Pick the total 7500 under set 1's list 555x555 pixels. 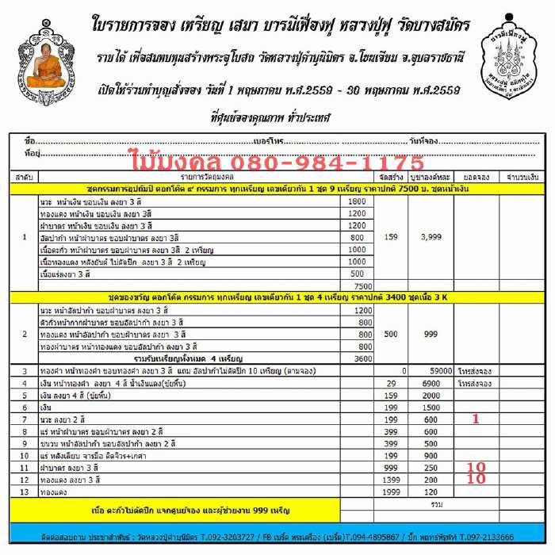click(362, 285)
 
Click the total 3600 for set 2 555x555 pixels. click(362, 358)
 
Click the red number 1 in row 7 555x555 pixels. click(476, 419)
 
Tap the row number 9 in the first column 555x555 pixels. click(25, 444)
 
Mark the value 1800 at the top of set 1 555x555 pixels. click(357, 201)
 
